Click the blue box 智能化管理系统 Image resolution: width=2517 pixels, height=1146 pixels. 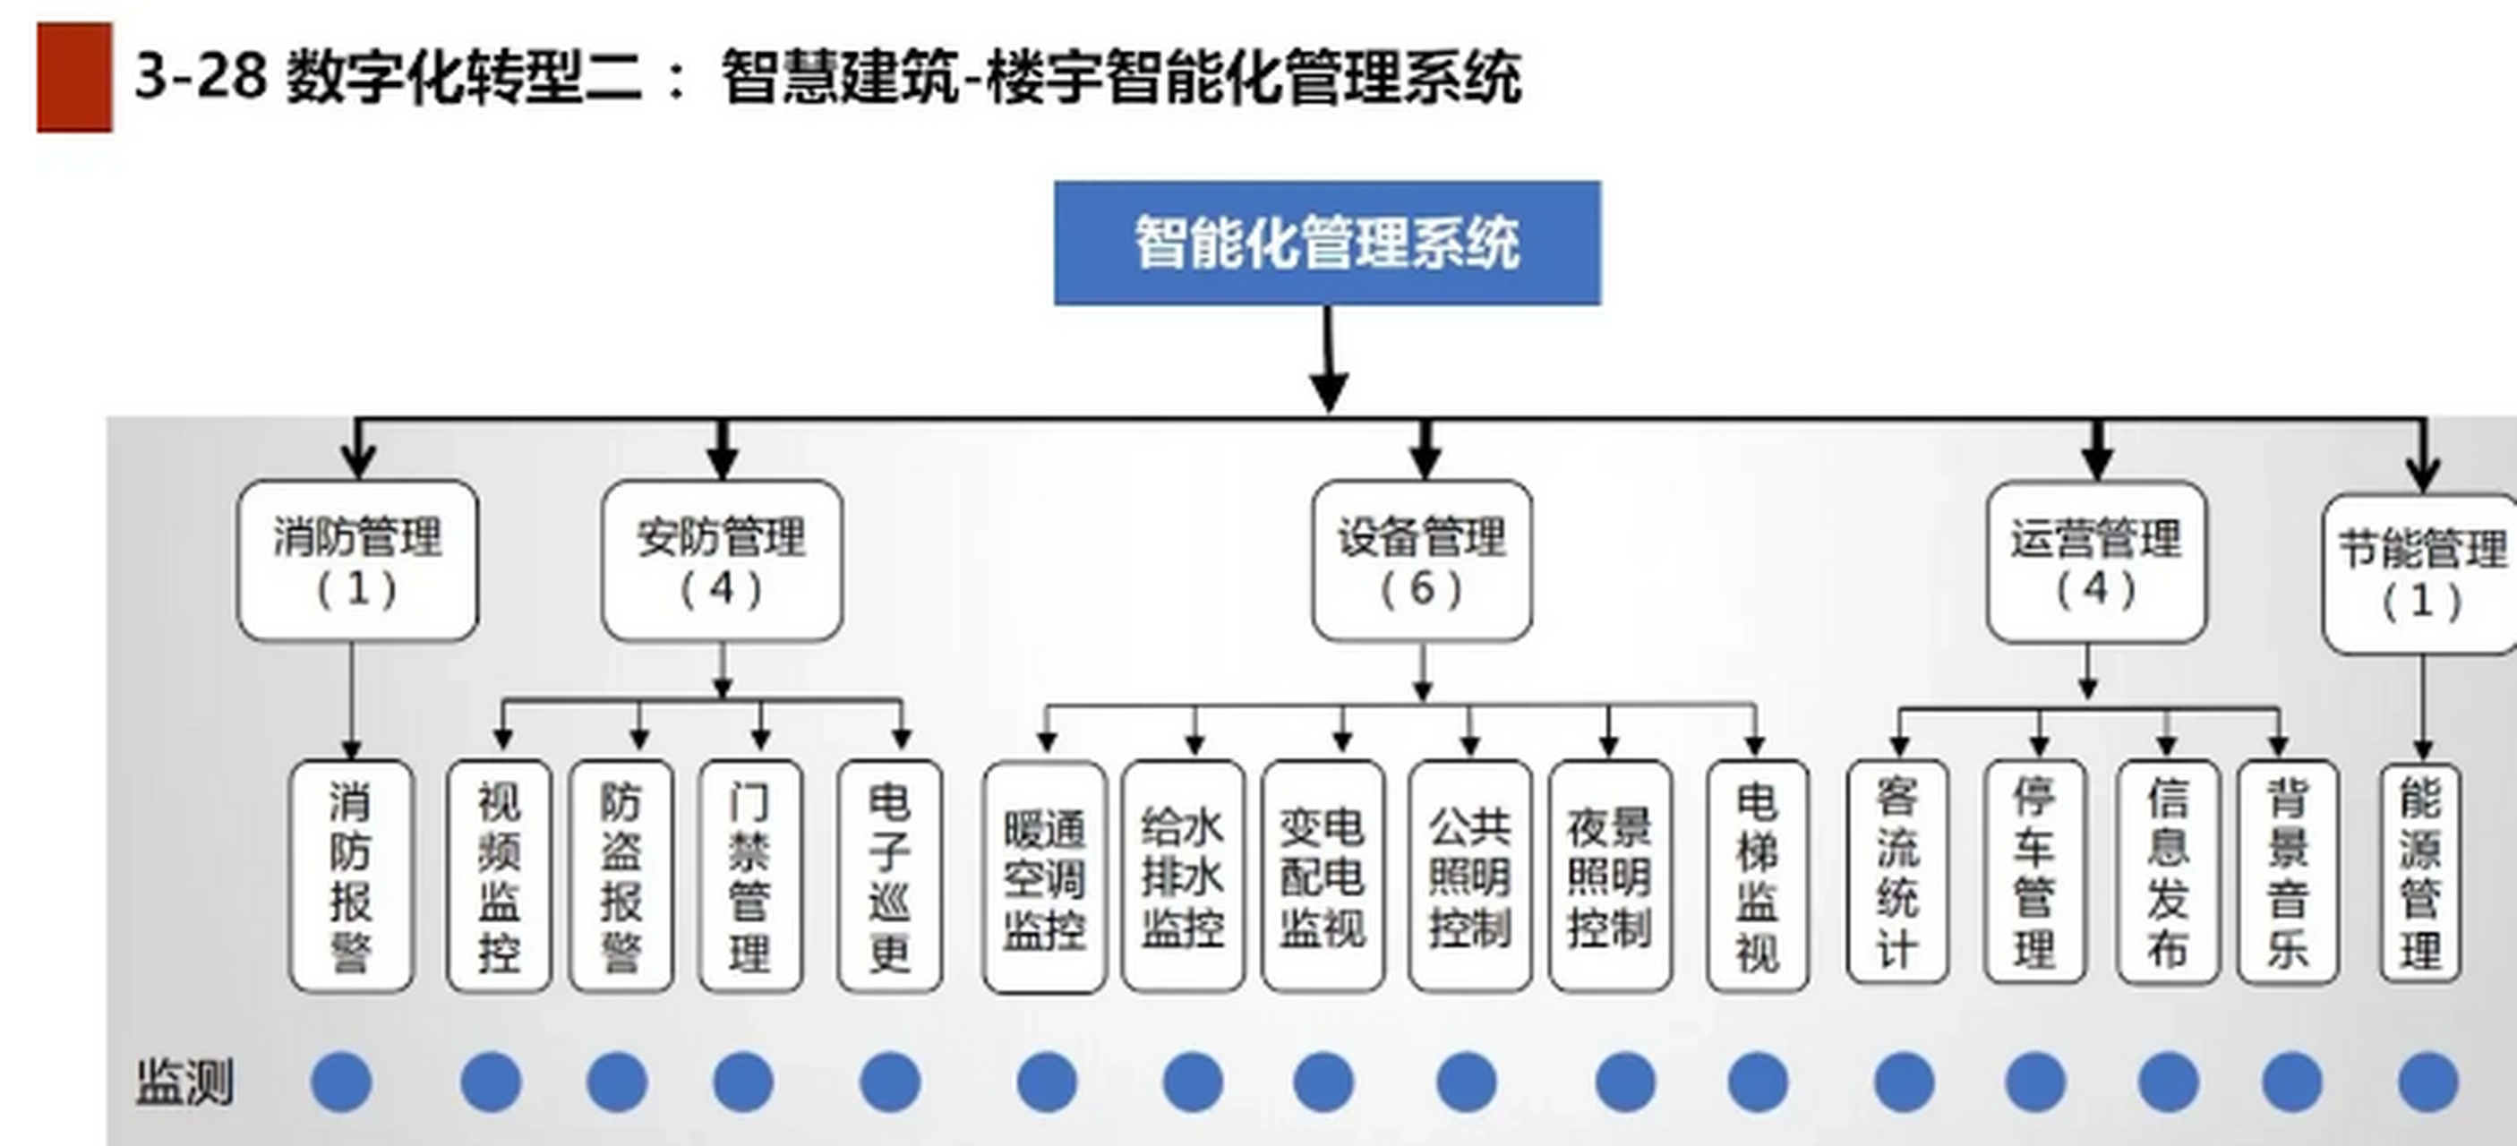pyautogui.click(x=1327, y=244)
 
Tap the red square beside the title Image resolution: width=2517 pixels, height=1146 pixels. pyautogui.click(x=74, y=77)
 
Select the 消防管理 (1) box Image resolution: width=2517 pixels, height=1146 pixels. pyautogui.click(x=357, y=560)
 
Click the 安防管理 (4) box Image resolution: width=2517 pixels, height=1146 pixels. pyautogui.click(x=721, y=560)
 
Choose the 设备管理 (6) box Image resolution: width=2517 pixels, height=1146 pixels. pyautogui.click(x=1422, y=560)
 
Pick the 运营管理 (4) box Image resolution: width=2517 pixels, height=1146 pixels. pyautogui.click(x=2096, y=561)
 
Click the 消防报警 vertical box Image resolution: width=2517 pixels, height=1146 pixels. pyautogui.click(x=351, y=877)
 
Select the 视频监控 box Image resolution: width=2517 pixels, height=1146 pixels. pyautogui.click(x=499, y=877)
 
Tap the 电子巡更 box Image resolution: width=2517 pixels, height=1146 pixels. pyautogui.click(x=889, y=877)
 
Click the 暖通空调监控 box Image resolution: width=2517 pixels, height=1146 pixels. pyautogui.click(x=1045, y=877)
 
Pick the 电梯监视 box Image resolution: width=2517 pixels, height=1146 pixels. pyautogui.click(x=1757, y=877)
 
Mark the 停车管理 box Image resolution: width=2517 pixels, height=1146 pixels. pyautogui.click(x=2034, y=872)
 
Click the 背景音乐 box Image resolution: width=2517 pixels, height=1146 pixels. pyautogui.click(x=2288, y=872)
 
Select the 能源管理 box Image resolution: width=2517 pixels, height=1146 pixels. pyautogui.click(x=2420, y=872)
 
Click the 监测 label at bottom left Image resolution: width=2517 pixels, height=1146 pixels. pyautogui.click(x=184, y=1082)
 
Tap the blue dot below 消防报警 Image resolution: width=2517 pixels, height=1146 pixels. pyautogui.click(x=341, y=1082)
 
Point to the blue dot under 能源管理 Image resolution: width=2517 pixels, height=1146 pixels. pyautogui.click(x=2427, y=1082)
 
